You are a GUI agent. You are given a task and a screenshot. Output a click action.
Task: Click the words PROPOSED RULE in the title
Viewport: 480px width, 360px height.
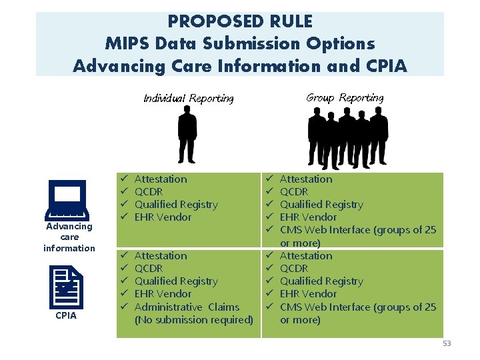coord(240,21)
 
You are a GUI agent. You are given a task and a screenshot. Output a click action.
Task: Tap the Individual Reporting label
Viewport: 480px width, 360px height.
coord(189,99)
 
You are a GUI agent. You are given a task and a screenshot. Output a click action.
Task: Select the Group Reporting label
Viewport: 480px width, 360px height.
coord(345,98)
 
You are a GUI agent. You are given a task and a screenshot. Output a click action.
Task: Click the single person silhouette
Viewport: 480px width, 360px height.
coord(187,136)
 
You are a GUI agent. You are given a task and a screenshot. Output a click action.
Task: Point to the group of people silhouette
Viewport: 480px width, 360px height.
coord(347,137)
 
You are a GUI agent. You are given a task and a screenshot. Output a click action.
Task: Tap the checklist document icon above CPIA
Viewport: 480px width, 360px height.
coord(67,287)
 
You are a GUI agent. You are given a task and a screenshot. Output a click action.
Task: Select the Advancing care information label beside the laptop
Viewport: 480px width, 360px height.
coord(69,237)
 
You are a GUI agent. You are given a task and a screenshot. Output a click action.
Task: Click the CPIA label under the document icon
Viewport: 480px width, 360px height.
coord(66,315)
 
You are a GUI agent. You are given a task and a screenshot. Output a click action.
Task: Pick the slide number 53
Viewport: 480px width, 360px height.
coord(446,343)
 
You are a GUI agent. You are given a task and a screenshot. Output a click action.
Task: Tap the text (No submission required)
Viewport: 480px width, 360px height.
coord(193,320)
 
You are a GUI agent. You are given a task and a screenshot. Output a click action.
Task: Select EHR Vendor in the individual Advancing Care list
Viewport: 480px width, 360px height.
coord(163,217)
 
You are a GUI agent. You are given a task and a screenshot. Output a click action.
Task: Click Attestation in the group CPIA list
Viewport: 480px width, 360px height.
coord(305,256)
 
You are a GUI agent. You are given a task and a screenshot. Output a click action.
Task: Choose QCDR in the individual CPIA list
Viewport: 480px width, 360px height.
coord(149,269)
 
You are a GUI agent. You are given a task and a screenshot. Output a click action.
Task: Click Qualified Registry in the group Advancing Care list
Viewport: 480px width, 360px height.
coord(321,205)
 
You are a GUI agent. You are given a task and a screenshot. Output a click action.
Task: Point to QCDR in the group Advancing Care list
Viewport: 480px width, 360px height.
coord(294,192)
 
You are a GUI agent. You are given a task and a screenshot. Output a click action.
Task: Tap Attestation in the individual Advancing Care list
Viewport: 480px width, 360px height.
coord(161,179)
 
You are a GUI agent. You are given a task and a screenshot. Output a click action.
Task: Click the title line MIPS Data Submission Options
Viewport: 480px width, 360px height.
coord(240,44)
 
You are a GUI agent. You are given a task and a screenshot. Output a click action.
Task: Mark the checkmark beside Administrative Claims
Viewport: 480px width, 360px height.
coord(123,307)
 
